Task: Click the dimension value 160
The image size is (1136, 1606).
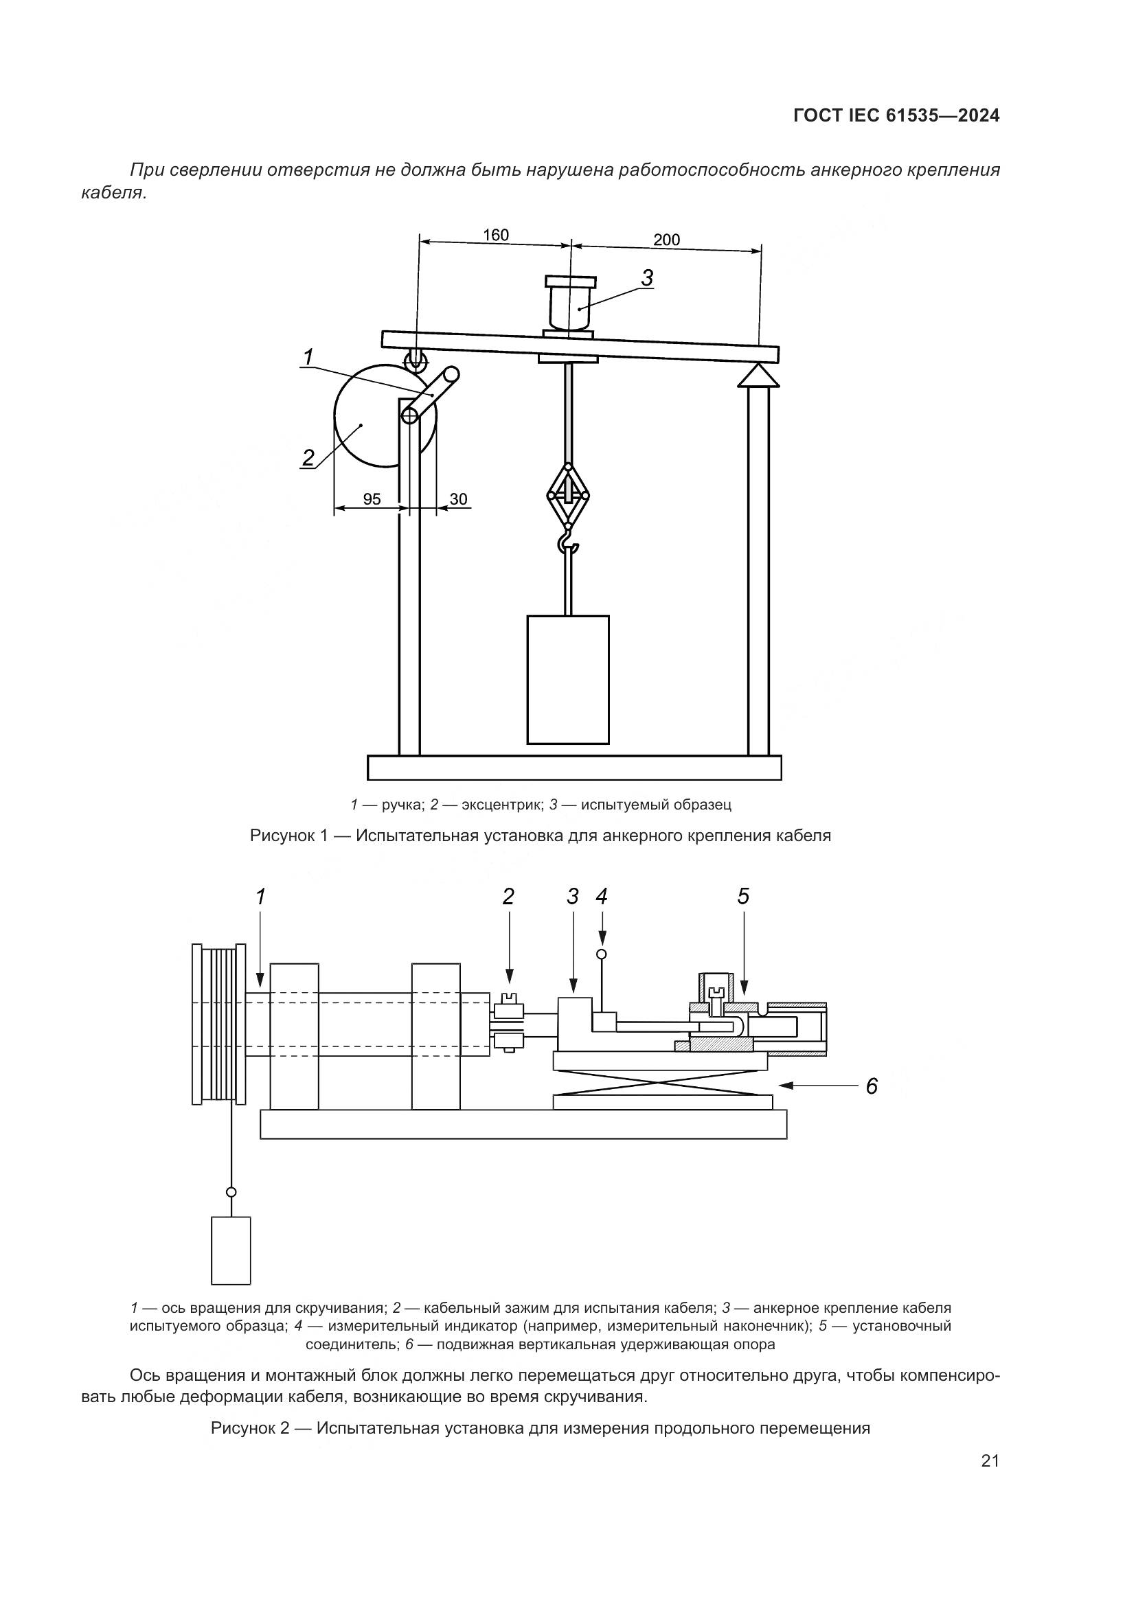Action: [x=495, y=235]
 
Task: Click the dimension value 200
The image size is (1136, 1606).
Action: [x=666, y=240]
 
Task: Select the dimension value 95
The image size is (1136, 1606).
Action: [x=372, y=498]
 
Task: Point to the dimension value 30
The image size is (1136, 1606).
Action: [x=458, y=498]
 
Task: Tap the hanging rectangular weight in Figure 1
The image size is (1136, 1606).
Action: [x=568, y=679]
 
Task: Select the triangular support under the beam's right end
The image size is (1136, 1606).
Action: [x=758, y=375]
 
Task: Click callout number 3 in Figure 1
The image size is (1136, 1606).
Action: [x=647, y=278]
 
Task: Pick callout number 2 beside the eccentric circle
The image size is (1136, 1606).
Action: [x=308, y=457]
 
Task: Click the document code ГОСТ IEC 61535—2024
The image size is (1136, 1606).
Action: [x=896, y=116]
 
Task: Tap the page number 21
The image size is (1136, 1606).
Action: [x=990, y=1461]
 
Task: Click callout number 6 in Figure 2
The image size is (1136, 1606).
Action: [x=872, y=1086]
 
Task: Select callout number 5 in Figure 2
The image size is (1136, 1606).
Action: [x=743, y=897]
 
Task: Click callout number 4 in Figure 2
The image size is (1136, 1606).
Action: [x=602, y=897]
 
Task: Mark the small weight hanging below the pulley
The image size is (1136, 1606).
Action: [x=231, y=1250]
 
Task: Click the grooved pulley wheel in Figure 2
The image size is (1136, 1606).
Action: [x=219, y=1024]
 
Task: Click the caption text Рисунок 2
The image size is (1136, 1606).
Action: [x=250, y=1427]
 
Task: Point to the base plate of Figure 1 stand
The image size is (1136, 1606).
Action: [x=574, y=768]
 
